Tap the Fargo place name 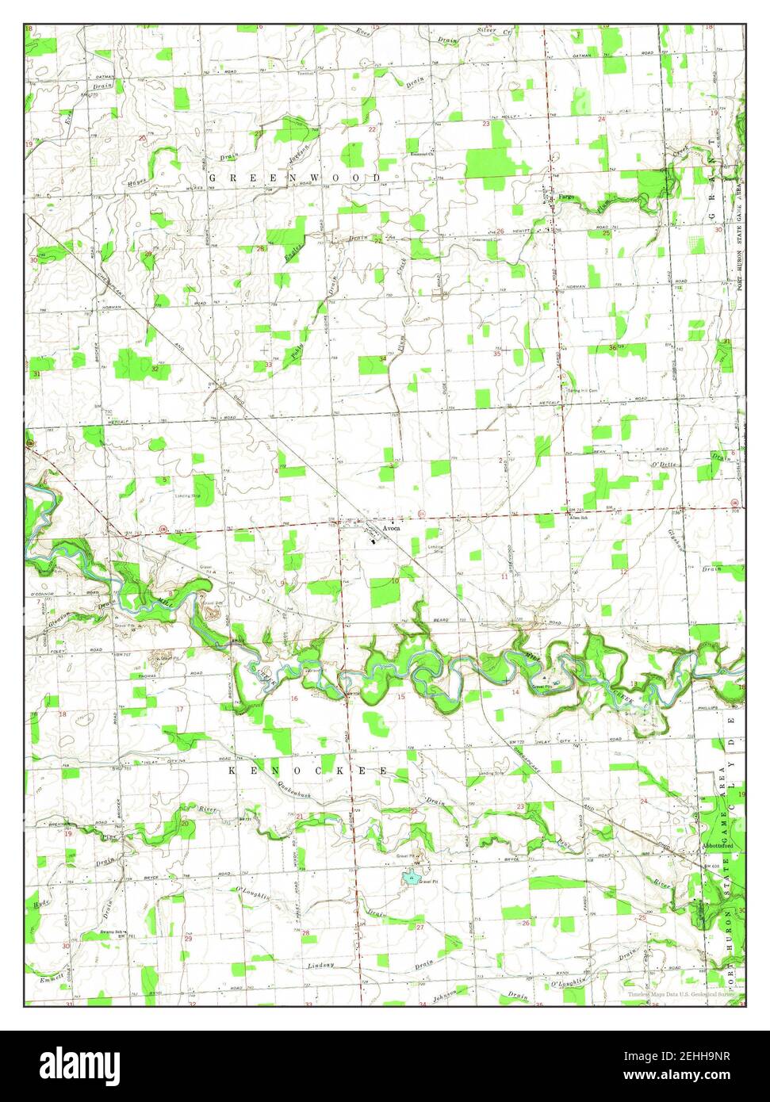[565, 196]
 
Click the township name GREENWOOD [294, 178]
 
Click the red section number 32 [155, 369]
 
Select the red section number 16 [294, 698]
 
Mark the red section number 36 [612, 348]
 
